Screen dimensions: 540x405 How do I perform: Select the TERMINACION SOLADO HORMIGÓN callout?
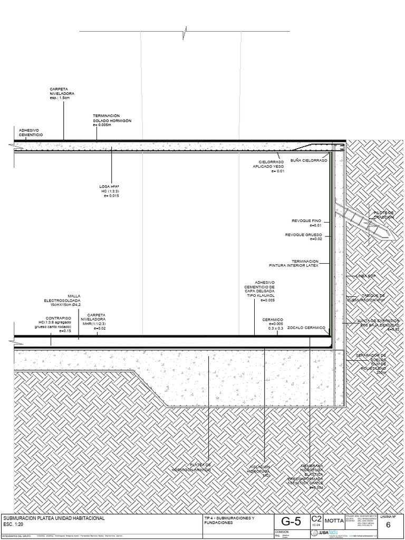click(112, 120)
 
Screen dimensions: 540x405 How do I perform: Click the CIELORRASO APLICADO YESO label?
click(271, 166)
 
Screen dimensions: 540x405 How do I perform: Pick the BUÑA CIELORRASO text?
click(308, 160)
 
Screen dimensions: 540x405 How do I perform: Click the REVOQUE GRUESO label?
click(303, 237)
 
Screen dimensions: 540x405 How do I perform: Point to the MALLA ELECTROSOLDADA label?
click(62, 300)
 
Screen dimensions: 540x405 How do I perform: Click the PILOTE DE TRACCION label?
click(383, 215)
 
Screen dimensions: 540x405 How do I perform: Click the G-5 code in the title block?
click(291, 522)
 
